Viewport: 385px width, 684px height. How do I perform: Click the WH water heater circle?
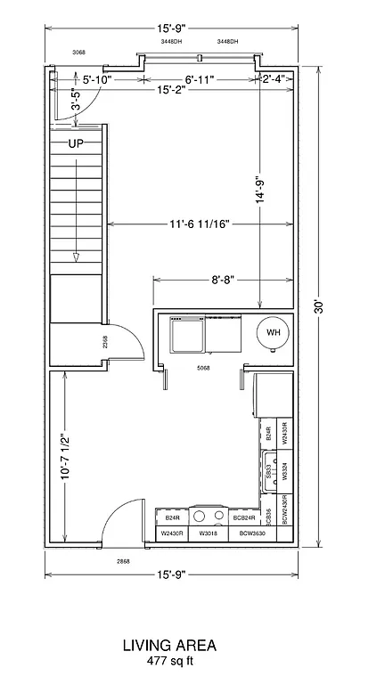tap(274, 332)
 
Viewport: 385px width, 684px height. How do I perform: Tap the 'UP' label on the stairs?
tap(77, 142)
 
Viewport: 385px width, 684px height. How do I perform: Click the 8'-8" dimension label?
tap(223, 279)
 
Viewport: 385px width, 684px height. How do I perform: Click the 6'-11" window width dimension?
tap(201, 79)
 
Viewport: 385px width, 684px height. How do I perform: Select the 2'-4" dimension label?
tap(274, 79)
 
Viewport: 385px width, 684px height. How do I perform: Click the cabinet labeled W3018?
tap(208, 533)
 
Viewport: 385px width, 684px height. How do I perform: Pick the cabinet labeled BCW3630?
tap(251, 533)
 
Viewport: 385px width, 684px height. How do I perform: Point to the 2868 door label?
tap(123, 562)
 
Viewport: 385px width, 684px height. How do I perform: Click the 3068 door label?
tap(78, 53)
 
